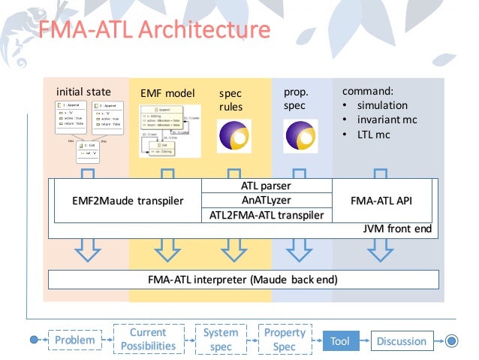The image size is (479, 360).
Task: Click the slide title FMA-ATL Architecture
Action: (154, 30)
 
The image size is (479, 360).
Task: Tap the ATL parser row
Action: (267, 186)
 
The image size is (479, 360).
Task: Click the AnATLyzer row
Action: (267, 200)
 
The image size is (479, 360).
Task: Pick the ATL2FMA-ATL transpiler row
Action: (267, 215)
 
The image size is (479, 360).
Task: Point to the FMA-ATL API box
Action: (381, 201)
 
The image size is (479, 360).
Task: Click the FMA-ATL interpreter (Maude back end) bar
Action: (243, 280)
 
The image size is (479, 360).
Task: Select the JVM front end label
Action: (397, 228)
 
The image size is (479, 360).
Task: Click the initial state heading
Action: (83, 92)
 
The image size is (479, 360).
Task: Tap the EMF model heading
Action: (167, 94)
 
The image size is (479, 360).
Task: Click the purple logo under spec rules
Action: (233, 137)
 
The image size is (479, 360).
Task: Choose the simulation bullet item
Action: (382, 105)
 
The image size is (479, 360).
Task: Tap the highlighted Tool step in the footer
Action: (340, 341)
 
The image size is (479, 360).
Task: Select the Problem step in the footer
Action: (74, 341)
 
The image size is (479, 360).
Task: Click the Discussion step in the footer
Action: (402, 341)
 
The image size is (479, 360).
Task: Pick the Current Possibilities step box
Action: (148, 340)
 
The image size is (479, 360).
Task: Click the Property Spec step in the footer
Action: (285, 340)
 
